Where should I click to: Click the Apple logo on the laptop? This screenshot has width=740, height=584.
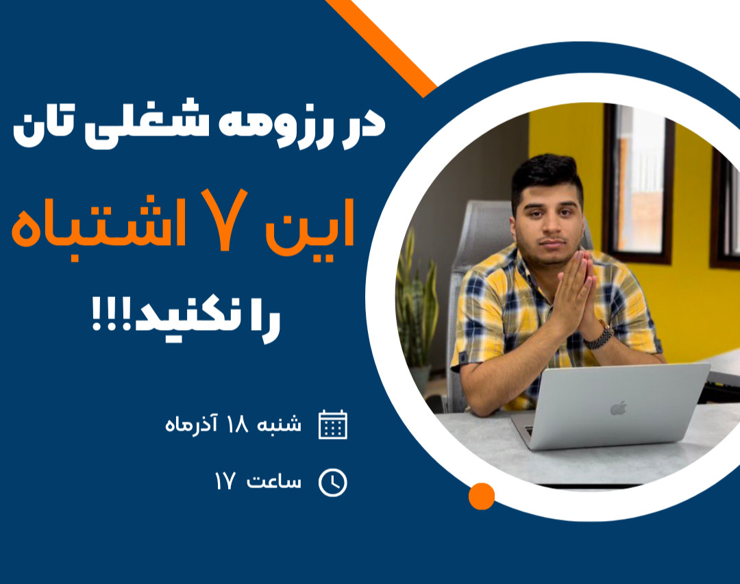[x=618, y=408]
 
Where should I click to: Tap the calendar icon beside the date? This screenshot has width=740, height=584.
[x=333, y=424]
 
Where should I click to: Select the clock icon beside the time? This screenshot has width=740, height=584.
[x=333, y=483]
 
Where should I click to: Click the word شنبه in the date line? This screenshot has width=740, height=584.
[x=279, y=424]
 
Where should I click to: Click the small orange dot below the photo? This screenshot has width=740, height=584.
[x=481, y=496]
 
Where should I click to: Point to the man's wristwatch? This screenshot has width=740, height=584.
[x=600, y=337]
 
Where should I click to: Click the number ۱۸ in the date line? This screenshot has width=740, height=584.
[x=237, y=424]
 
